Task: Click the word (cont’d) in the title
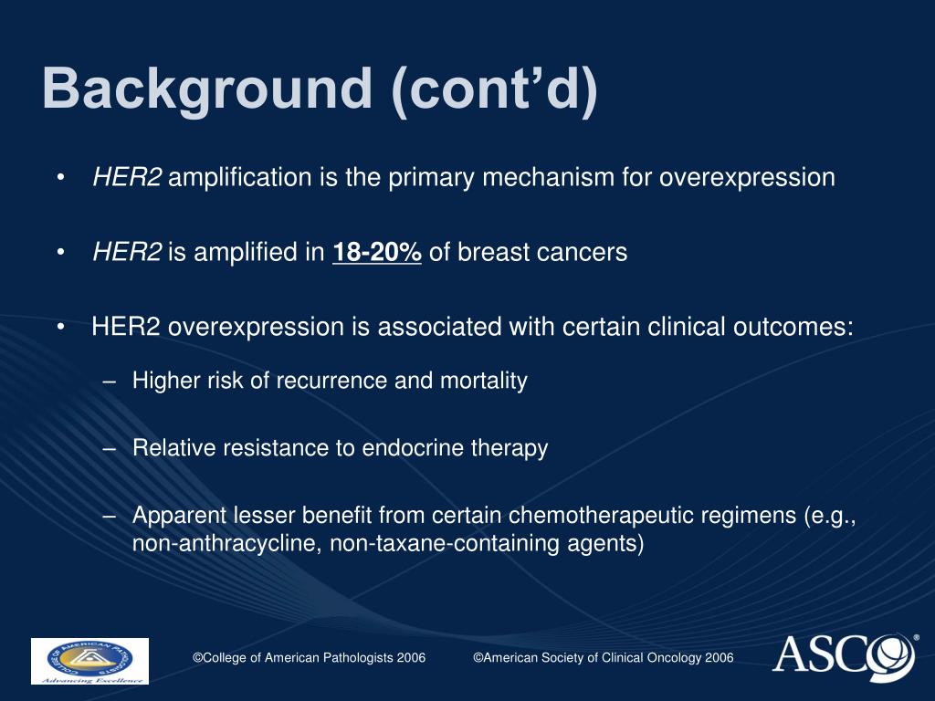[x=494, y=90]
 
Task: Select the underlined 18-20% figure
[x=377, y=252]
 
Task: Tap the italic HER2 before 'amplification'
[x=127, y=177]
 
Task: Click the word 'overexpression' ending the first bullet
[x=747, y=177]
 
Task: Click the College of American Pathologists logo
[x=89, y=661]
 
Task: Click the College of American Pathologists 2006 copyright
[x=309, y=658]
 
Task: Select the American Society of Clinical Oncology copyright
[x=603, y=658]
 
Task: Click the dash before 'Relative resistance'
[x=110, y=448]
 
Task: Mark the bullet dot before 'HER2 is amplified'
[x=60, y=252]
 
